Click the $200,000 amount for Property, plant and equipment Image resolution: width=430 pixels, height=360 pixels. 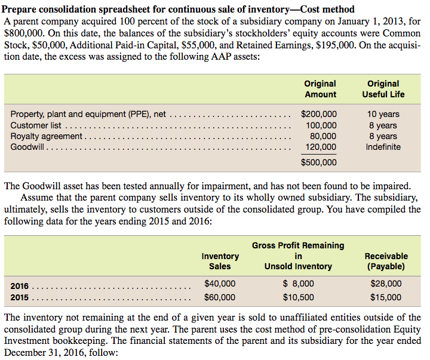pos(319,114)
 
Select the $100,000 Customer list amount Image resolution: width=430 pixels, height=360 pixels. pos(321,125)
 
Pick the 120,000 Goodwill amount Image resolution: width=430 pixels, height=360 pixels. pos(321,147)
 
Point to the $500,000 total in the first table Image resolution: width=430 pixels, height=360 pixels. pos(319,162)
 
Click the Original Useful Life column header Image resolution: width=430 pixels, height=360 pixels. pos(383,89)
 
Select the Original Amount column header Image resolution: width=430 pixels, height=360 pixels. pos(320,89)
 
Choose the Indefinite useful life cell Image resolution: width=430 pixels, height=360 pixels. pos(383,147)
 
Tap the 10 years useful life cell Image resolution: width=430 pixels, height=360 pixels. pos(383,114)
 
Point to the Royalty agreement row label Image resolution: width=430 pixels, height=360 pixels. pos(46,136)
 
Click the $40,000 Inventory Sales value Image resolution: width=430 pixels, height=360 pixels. pos(220,284)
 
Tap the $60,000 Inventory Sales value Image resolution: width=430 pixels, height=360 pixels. pos(220,297)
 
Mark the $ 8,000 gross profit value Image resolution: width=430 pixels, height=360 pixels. pos(298,284)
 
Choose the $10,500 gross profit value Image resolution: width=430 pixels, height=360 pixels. pos(298,297)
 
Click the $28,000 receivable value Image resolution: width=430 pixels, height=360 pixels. pos(386,284)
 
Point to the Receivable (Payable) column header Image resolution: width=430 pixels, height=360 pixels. pos(386,261)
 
